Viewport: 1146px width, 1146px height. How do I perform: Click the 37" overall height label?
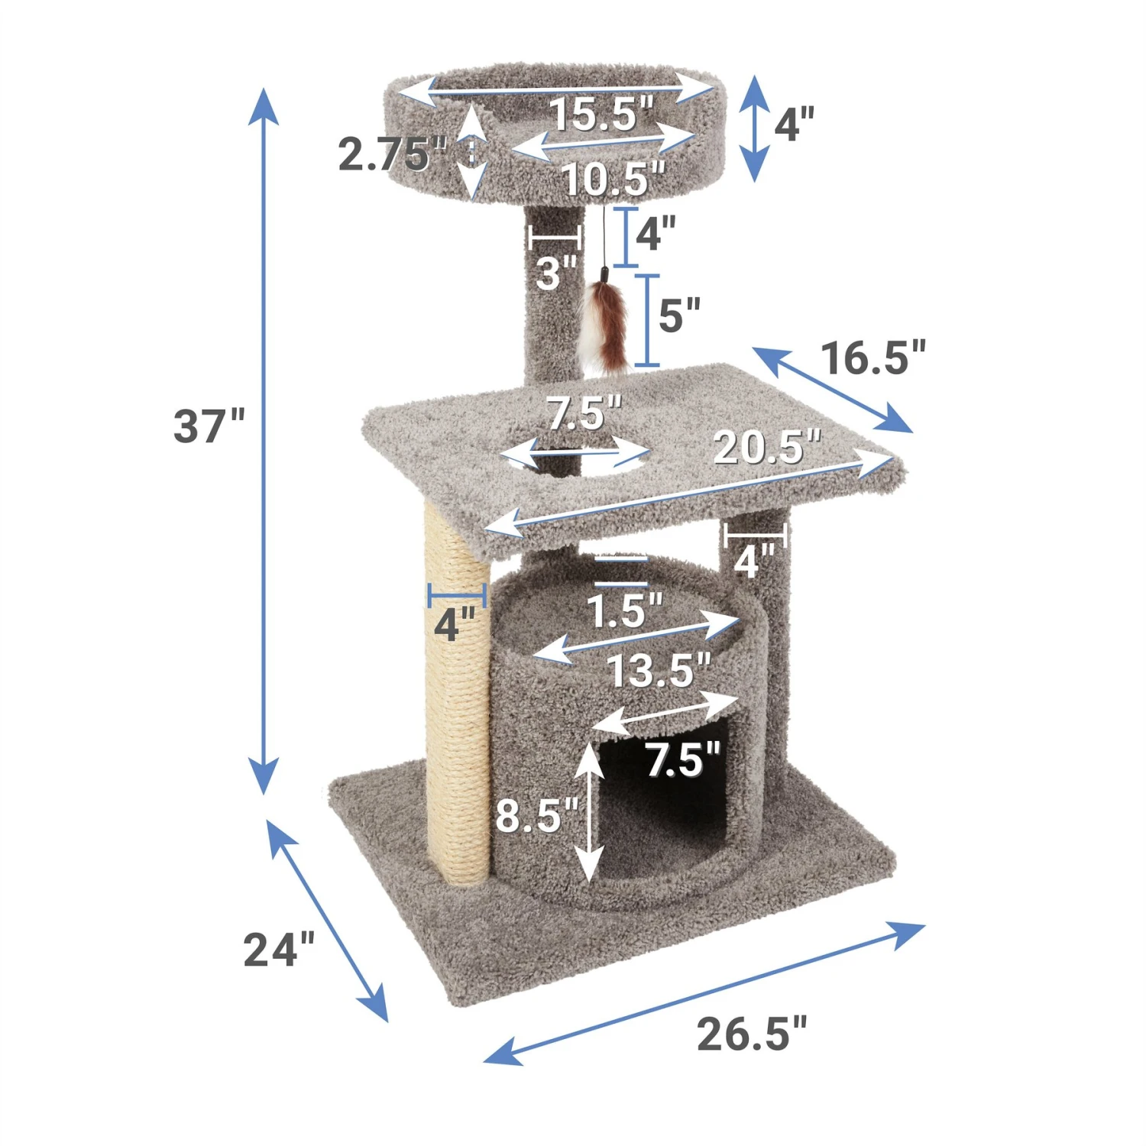pyautogui.click(x=209, y=426)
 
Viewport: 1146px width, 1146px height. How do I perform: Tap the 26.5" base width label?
pyautogui.click(x=751, y=1034)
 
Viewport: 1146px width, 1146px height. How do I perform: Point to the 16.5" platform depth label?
pyautogui.click(x=872, y=358)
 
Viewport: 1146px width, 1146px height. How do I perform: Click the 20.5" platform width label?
pyautogui.click(x=766, y=447)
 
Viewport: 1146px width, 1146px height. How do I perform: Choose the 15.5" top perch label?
pyautogui.click(x=602, y=115)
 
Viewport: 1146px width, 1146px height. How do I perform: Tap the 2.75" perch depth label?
pyautogui.click(x=391, y=155)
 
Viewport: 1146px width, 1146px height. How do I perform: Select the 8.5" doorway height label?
pyautogui.click(x=537, y=815)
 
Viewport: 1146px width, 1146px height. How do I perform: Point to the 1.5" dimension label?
pyautogui.click(x=623, y=611)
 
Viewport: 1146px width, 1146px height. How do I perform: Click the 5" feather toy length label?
pyautogui.click(x=679, y=315)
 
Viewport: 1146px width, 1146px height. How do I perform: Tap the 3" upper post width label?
pyautogui.click(x=555, y=274)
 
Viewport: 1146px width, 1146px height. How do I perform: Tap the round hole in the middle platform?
pyautogui.click(x=577, y=458)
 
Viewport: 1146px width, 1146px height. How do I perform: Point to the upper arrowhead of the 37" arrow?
pyautogui.click(x=264, y=104)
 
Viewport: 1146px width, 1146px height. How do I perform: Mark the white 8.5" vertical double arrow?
pyautogui.click(x=588, y=814)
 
